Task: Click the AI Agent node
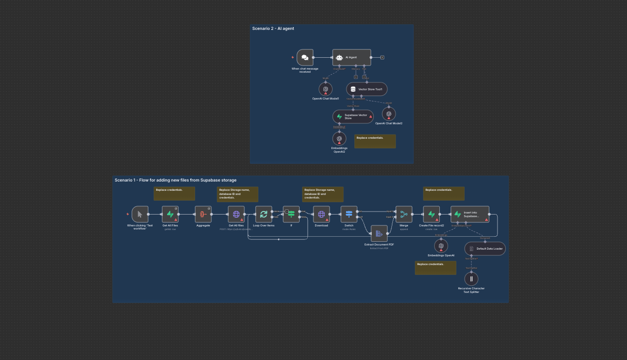351,58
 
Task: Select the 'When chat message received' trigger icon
305,58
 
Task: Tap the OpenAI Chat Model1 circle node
325,89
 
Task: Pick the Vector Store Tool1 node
367,89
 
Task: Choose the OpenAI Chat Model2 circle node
389,114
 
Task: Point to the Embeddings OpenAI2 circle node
339,139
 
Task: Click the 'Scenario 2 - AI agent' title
273,29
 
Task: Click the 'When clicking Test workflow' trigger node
140,214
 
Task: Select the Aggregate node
203,214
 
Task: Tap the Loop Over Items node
263,214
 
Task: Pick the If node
291,214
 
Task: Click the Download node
321,214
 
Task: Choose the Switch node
349,214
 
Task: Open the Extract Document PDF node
379,234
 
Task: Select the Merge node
404,214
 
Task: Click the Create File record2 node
431,214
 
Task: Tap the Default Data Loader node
485,249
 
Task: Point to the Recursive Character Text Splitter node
471,279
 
